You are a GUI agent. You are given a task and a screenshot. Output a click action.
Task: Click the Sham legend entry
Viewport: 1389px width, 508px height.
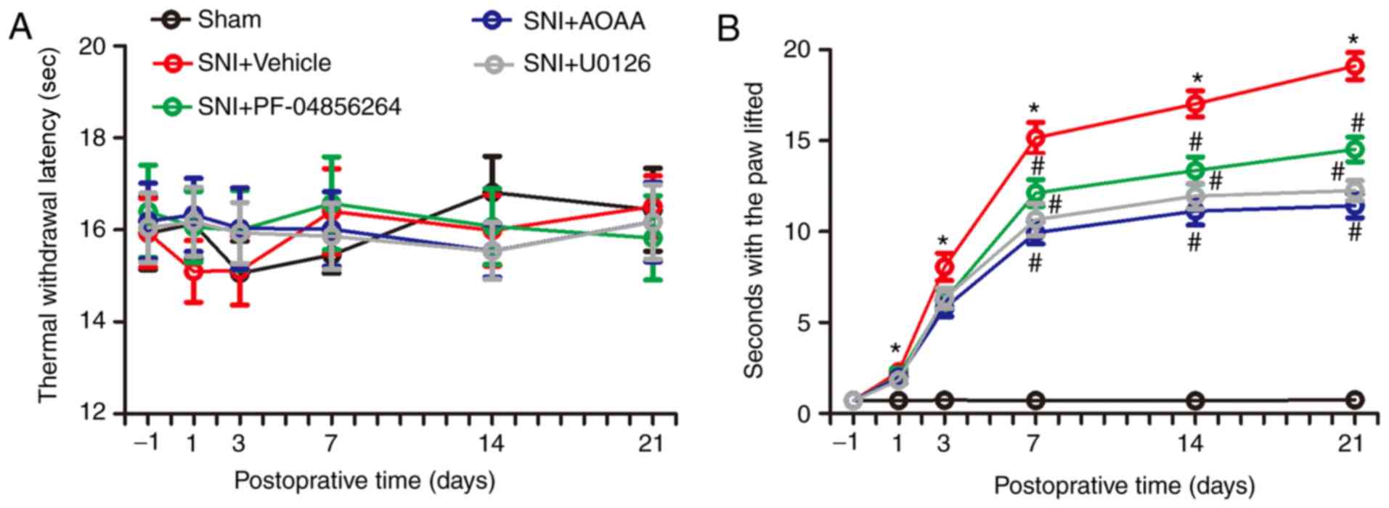point(207,20)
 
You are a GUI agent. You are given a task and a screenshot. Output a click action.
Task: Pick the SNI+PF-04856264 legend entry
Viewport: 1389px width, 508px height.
point(277,107)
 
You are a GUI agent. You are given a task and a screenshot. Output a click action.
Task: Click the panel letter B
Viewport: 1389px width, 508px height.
point(728,29)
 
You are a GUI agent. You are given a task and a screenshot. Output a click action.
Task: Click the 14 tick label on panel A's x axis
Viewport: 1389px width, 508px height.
point(492,443)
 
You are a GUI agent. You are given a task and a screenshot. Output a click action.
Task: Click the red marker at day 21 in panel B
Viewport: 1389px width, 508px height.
point(1354,66)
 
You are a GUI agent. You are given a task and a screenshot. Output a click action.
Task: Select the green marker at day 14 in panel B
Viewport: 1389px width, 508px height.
point(1195,170)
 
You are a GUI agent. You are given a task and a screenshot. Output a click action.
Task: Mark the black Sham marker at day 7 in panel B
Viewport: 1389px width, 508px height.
point(1035,400)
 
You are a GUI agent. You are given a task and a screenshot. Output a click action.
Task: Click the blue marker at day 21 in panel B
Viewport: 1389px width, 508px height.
point(1354,205)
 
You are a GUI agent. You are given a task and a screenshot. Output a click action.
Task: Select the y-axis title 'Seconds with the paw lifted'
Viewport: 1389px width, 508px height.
point(755,230)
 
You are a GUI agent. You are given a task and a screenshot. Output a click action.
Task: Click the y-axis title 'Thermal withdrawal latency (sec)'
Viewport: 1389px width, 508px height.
point(48,229)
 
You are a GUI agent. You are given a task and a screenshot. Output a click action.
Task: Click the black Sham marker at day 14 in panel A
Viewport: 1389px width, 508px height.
point(492,193)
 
